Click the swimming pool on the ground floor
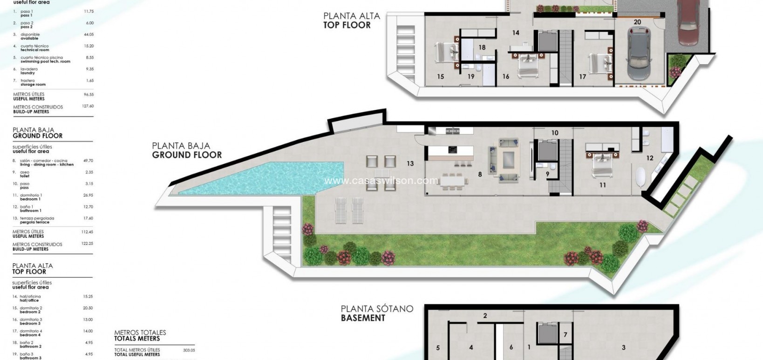(279, 177)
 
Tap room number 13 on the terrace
(410, 163)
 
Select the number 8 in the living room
(480, 174)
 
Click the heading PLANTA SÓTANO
(377, 309)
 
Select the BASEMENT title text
(363, 318)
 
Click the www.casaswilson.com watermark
(381, 181)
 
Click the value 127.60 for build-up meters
(87, 106)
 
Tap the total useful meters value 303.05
(189, 350)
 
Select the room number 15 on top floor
(440, 77)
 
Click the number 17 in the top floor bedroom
(582, 77)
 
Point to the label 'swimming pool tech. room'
(45, 61)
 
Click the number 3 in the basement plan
(623, 347)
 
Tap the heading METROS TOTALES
(140, 333)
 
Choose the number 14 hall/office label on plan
(515, 33)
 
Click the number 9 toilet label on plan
(547, 174)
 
